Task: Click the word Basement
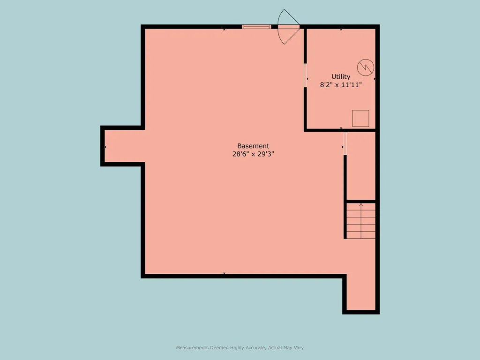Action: pyautogui.click(x=253, y=146)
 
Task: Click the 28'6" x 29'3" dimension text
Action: pyautogui.click(x=253, y=154)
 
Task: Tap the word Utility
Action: pyautogui.click(x=341, y=76)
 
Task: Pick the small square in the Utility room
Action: pyautogui.click(x=360, y=118)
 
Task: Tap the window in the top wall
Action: pyautogui.click(x=256, y=27)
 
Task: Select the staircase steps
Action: pyautogui.click(x=361, y=224)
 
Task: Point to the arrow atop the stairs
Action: pyautogui.click(x=361, y=205)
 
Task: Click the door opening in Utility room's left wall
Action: pyautogui.click(x=305, y=75)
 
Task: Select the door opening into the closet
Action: pyautogui.click(x=345, y=143)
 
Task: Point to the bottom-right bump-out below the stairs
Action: pyautogui.click(x=361, y=293)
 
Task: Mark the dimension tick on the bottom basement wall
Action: pyautogui.click(x=224, y=273)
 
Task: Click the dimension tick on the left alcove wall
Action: pyautogui.click(x=105, y=147)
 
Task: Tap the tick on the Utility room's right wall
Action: pyautogui.click(x=375, y=79)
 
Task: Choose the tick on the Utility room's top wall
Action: pyautogui.click(x=341, y=30)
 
